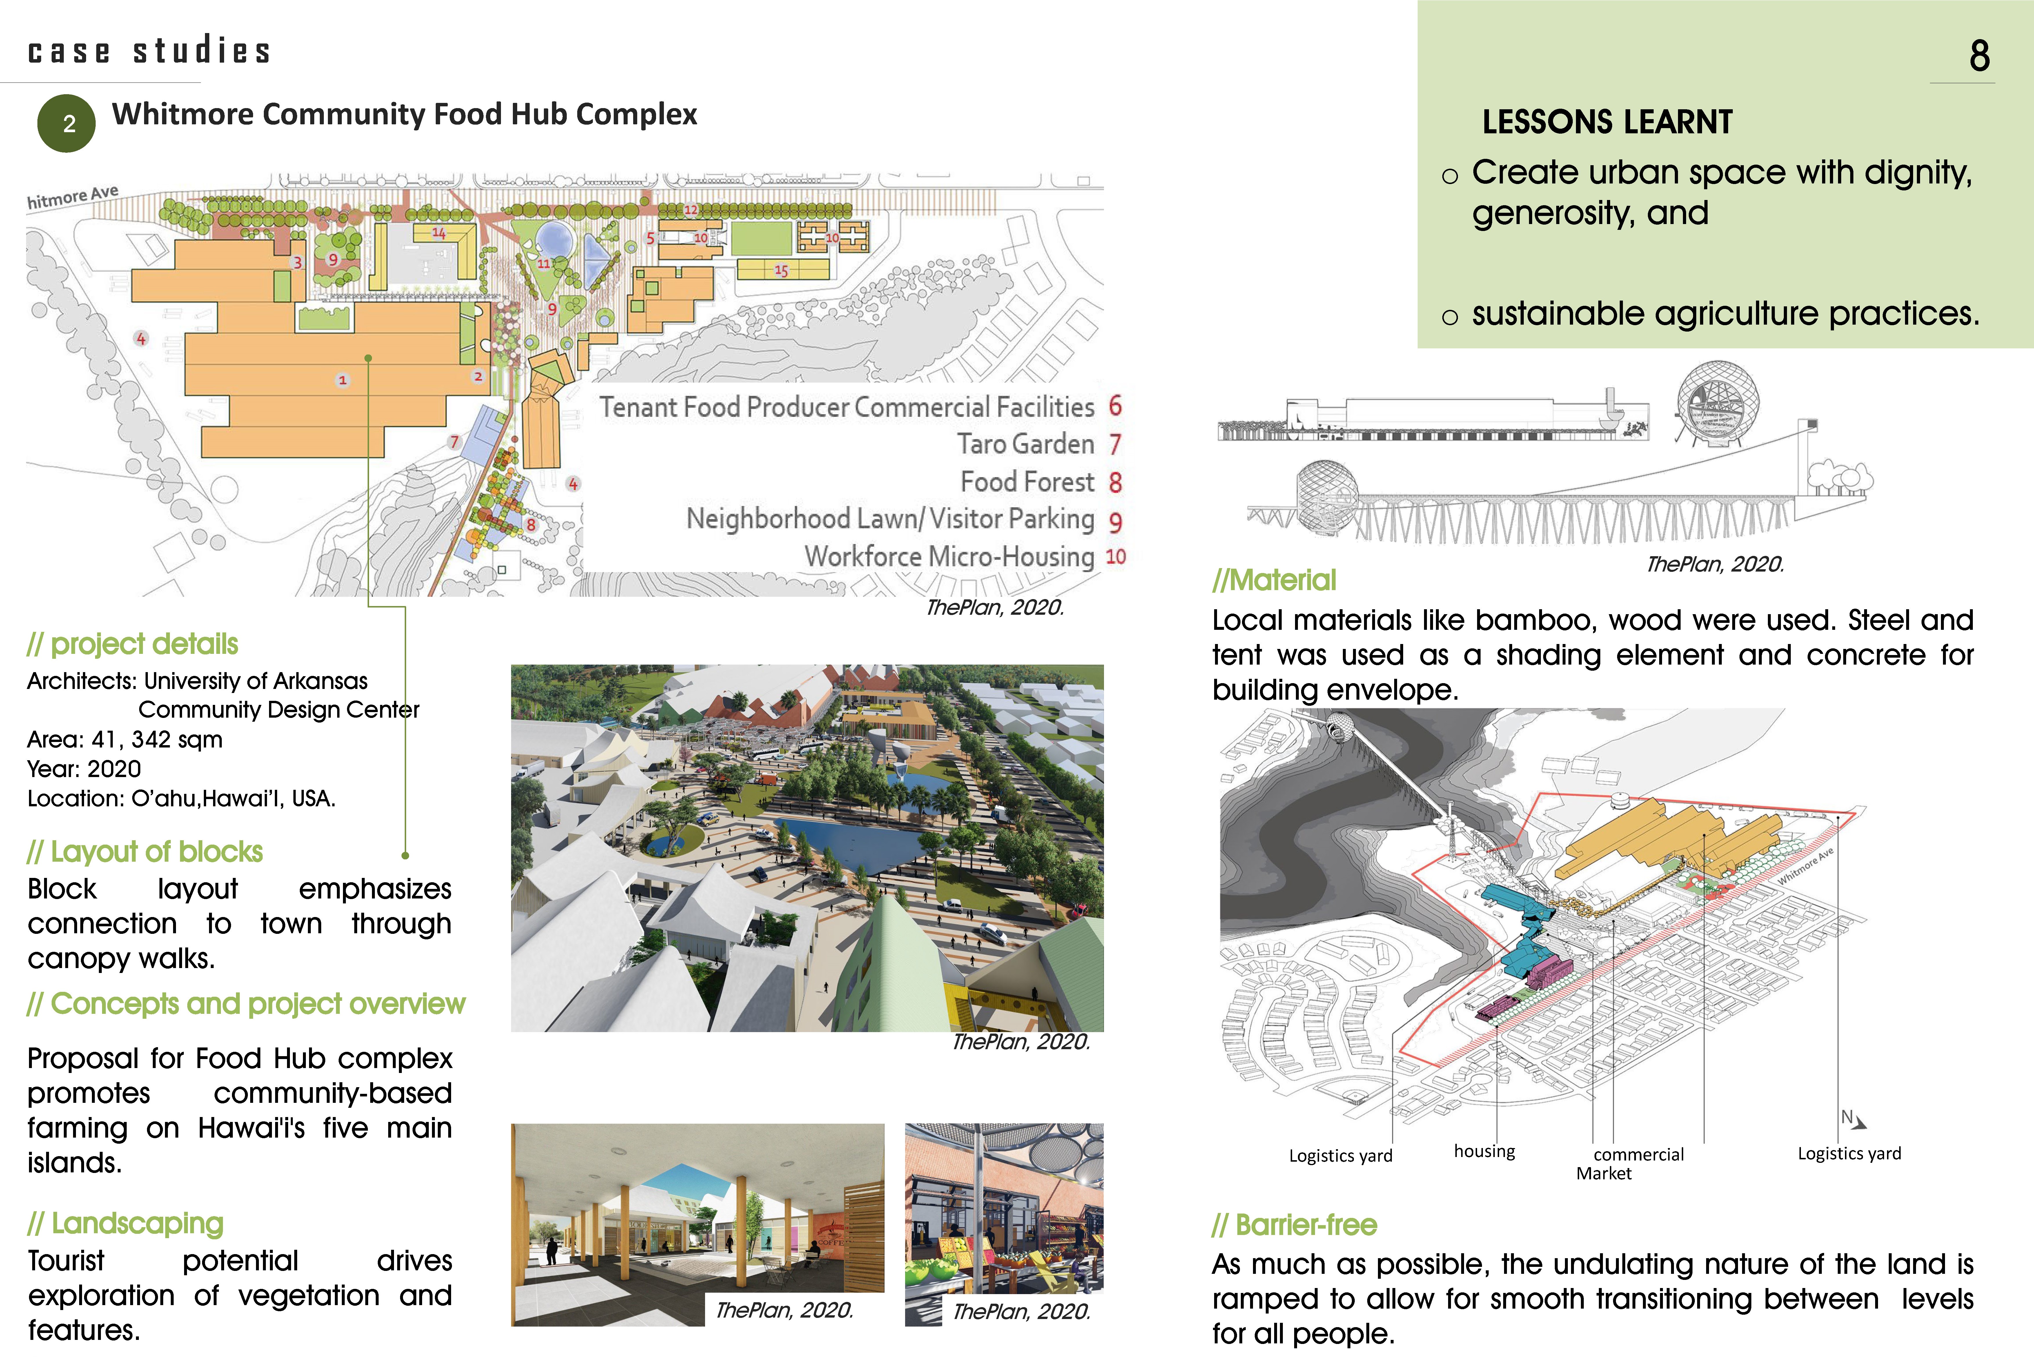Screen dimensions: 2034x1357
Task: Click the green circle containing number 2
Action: coord(67,124)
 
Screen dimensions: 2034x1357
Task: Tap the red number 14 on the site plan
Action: coord(439,233)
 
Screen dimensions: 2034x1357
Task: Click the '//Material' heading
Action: coord(1274,580)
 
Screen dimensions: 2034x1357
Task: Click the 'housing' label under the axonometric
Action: coord(1483,1151)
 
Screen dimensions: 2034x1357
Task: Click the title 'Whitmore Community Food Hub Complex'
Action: coord(404,114)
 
